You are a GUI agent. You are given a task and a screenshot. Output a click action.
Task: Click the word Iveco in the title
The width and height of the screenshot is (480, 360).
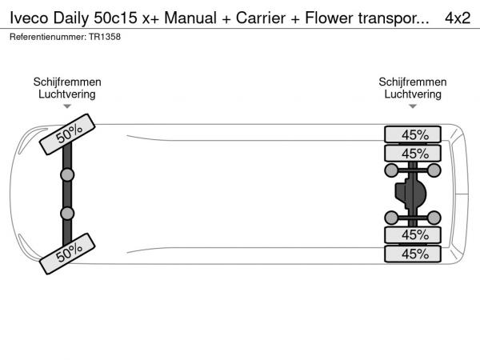(29, 18)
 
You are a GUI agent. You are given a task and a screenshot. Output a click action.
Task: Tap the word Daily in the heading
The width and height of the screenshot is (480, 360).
(70, 18)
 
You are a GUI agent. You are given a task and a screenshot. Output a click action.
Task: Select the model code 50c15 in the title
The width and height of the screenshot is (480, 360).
(115, 18)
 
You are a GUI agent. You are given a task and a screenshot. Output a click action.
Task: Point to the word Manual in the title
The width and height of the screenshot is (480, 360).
(190, 18)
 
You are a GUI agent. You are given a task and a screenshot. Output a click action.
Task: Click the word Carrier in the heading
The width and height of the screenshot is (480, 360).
(261, 18)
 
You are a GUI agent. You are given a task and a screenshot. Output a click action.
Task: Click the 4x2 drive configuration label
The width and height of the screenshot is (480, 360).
(458, 18)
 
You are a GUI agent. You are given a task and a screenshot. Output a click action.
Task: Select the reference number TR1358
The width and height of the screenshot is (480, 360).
(105, 37)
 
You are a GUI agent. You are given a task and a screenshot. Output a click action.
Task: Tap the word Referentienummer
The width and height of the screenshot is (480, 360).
(48, 37)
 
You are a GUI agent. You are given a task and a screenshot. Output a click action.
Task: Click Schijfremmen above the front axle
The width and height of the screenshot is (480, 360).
(67, 82)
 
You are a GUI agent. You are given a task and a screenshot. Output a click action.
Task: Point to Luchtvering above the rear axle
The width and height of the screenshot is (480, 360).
(413, 94)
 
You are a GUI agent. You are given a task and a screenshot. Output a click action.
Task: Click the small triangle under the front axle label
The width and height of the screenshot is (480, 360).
(67, 106)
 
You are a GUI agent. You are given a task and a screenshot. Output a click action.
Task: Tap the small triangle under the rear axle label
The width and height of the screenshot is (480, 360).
(413, 106)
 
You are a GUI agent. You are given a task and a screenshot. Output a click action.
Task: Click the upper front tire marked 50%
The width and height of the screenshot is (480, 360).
(67, 134)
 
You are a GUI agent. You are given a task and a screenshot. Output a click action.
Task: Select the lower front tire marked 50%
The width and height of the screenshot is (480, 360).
(67, 254)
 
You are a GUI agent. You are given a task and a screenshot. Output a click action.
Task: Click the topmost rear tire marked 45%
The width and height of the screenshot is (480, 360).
(413, 134)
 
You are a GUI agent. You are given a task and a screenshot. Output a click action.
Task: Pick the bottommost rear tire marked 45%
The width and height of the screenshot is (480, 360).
(413, 254)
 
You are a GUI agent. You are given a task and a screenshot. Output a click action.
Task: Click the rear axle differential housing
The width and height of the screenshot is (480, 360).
(411, 194)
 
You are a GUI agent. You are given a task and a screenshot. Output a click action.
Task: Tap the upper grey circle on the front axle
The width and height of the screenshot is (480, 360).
(67, 174)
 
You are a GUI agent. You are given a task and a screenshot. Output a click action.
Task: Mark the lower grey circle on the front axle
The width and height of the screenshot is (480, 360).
(67, 214)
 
